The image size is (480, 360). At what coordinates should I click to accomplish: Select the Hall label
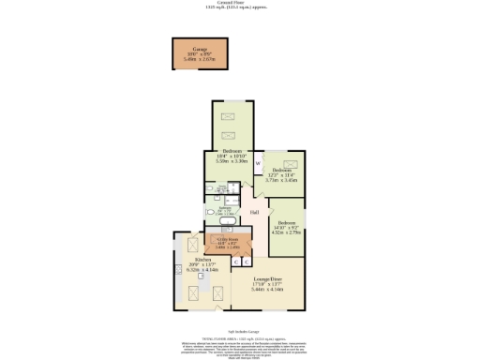pos(254,213)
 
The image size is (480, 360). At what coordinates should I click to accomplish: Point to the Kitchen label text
pos(203,259)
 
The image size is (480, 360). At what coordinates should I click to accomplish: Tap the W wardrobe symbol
pos(258,165)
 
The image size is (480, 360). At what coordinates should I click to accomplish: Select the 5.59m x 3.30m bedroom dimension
pos(232,161)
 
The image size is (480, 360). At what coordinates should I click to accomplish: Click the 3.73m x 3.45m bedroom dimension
pos(283,179)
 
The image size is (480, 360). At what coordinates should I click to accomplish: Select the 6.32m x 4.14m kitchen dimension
pos(203,270)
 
